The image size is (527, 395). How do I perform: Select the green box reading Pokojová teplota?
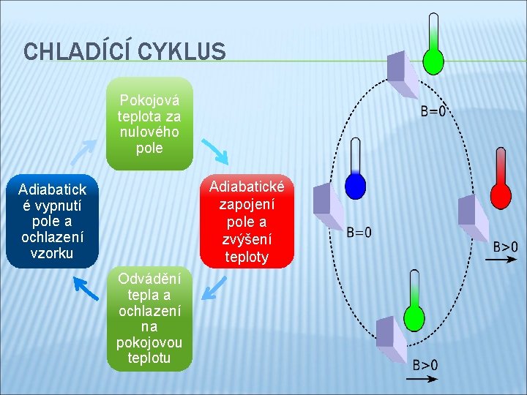[149, 123]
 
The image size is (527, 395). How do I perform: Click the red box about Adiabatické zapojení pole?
[247, 221]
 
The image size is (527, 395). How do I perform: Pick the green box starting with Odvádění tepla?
[149, 318]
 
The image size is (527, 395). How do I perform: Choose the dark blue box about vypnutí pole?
[52, 221]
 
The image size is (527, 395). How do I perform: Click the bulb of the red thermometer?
[501, 195]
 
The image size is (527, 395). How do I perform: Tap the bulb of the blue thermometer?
[356, 186]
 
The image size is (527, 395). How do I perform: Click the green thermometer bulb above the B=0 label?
[434, 61]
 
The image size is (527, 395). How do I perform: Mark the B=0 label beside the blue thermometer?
[358, 233]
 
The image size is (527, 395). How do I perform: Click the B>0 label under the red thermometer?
[505, 247]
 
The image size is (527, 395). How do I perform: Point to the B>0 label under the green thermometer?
[425, 365]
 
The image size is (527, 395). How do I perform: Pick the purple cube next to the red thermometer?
[473, 219]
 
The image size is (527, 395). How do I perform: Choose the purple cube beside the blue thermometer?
[328, 208]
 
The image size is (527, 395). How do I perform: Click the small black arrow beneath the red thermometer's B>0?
[505, 260]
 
